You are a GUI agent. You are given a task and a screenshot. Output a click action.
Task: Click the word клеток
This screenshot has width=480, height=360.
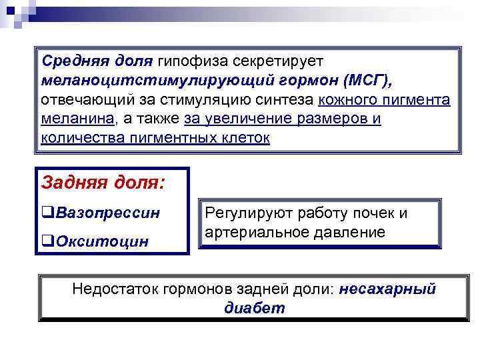click(243, 139)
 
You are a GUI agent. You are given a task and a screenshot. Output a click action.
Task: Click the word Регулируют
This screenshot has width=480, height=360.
click(245, 213)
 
